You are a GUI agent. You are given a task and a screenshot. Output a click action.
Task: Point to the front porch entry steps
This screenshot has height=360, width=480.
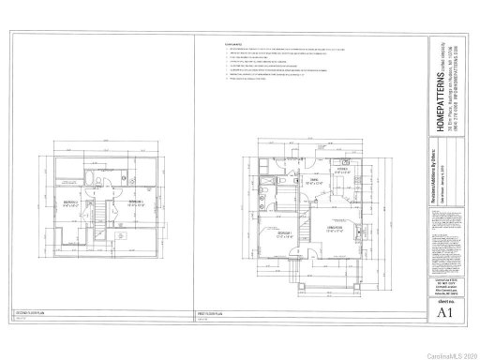(x=298, y=280)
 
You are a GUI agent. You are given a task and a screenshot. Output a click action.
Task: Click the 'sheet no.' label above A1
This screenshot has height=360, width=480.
(x=437, y=303)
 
